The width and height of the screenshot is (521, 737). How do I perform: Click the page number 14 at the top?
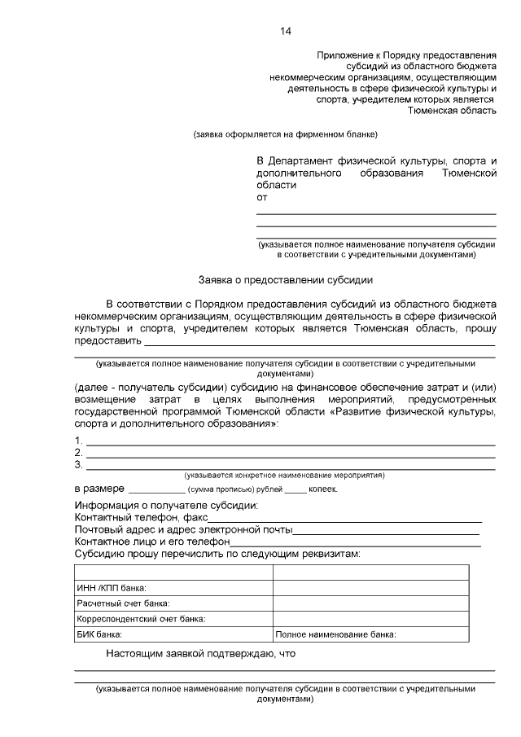coord(286,31)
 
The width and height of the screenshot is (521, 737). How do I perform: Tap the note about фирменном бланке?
coord(285,134)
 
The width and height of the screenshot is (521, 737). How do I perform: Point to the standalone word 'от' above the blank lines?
coord(261,197)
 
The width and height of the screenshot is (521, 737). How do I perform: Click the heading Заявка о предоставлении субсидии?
coord(285,280)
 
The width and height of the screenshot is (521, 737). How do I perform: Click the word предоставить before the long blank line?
coord(107,341)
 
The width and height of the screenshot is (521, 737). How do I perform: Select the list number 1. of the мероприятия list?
coord(79,441)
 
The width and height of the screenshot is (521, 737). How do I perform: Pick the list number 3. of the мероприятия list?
coord(79,465)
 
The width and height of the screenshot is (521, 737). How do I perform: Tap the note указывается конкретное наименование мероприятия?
coord(285,475)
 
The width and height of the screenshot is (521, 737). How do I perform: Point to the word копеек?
coord(324,490)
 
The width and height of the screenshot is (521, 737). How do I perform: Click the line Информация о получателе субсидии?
coord(166,506)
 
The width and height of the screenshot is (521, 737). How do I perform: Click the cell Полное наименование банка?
coord(336,634)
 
